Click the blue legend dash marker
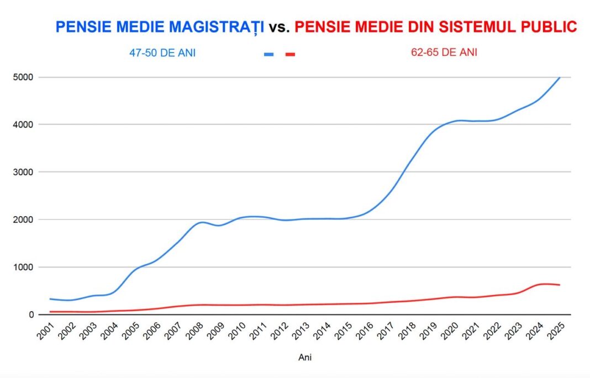(x=269, y=54)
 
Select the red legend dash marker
(x=290, y=54)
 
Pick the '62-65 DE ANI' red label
(x=444, y=53)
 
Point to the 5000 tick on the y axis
(x=23, y=77)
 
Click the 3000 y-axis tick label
(x=23, y=172)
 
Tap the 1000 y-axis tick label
(x=23, y=267)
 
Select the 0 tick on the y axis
(x=31, y=315)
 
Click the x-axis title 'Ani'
(x=305, y=358)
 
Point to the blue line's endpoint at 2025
(x=560, y=77)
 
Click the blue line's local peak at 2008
(x=202, y=222)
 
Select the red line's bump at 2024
(x=544, y=284)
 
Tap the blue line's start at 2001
(x=50, y=299)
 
